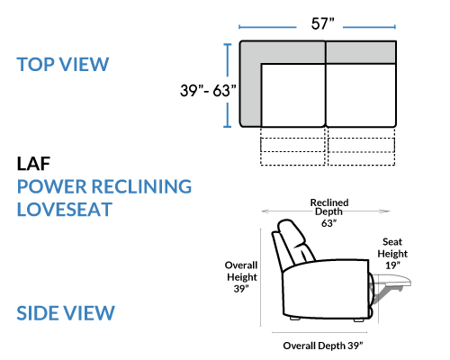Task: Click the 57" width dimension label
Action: point(322,23)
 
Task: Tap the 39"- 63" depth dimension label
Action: point(208,90)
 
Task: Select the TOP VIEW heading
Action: point(63,64)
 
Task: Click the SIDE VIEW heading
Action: point(66,313)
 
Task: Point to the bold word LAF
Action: point(33,164)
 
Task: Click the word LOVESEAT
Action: point(65,210)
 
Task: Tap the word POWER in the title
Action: point(51,186)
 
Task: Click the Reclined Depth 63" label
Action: point(329,212)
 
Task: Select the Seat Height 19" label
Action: point(392,254)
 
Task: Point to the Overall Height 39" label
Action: point(241,277)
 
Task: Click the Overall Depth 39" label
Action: point(323,346)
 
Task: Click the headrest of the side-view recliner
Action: point(291,232)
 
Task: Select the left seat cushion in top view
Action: point(293,95)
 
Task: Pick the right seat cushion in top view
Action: point(361,95)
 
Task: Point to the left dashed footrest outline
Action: point(292,147)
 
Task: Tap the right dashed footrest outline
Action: point(361,147)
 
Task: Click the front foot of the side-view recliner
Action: point(359,319)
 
